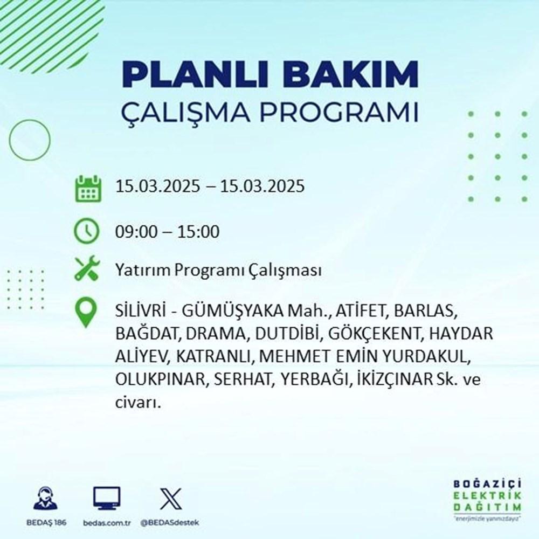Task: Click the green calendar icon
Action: click(x=87, y=188)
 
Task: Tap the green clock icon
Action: click(x=87, y=232)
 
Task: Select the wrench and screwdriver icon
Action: click(x=87, y=269)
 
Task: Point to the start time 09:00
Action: click(x=135, y=232)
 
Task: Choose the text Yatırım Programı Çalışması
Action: click(x=218, y=270)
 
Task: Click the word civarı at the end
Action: click(x=137, y=402)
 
